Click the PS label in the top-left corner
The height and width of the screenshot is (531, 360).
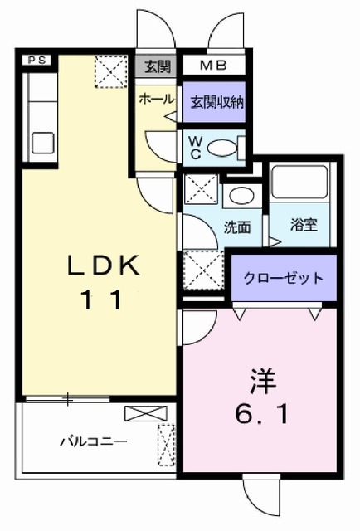(36, 60)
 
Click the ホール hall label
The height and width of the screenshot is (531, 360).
(156, 99)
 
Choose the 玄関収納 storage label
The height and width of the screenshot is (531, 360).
(213, 103)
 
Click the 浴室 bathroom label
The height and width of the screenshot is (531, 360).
(302, 225)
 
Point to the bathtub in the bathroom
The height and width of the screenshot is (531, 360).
(300, 188)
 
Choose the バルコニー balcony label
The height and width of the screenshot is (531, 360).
(92, 441)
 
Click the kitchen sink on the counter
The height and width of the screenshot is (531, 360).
(38, 142)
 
